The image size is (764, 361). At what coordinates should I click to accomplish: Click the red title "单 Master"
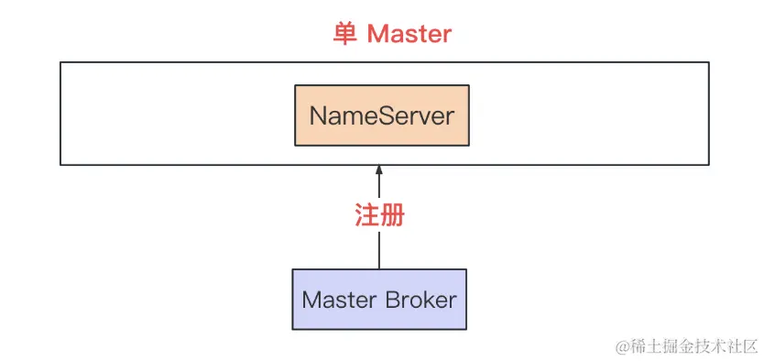391,34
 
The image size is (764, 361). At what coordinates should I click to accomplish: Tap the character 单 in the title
344,34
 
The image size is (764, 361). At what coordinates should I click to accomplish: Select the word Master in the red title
409,34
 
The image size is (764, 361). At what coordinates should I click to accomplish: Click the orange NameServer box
381,115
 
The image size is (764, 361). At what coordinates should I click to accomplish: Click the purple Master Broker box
379,299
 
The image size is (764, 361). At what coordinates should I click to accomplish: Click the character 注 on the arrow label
366,216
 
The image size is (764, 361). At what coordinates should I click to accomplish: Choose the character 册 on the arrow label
392,216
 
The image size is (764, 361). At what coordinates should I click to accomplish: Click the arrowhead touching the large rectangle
379,171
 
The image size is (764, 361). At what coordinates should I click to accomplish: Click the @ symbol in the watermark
623,345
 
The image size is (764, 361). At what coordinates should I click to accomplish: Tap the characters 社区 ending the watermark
743,345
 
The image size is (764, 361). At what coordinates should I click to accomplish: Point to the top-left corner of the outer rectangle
60,62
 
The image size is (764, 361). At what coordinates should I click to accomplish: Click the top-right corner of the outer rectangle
709,62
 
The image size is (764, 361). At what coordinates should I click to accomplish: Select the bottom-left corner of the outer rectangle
60,165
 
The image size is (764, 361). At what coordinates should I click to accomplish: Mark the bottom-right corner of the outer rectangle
709,165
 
